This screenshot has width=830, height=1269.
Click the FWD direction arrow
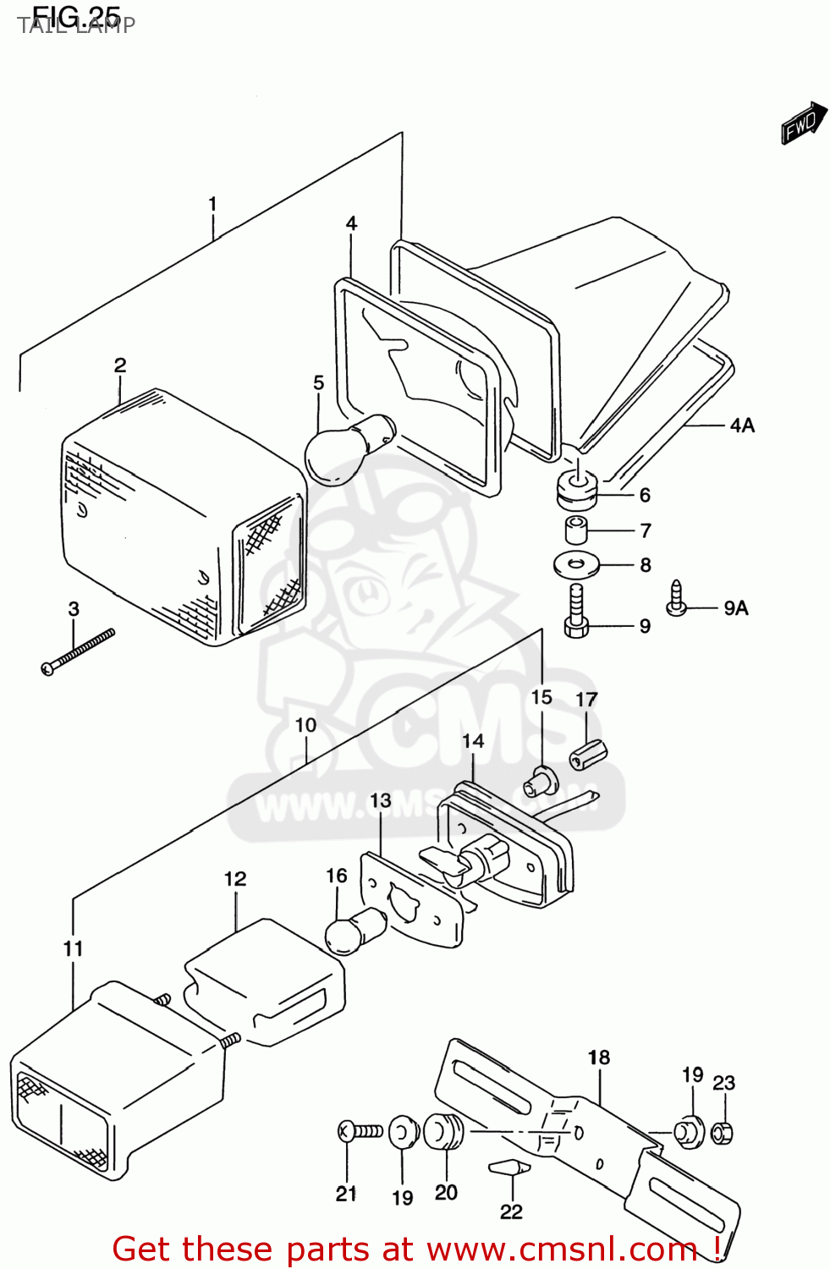click(803, 124)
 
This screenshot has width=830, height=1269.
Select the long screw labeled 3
click(77, 651)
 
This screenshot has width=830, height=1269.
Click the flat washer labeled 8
click(576, 563)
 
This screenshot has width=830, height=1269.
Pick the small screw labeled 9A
click(677, 598)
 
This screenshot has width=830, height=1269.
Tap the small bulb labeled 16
click(355, 931)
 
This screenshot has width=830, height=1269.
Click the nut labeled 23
click(722, 1132)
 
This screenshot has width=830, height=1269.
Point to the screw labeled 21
click(360, 1130)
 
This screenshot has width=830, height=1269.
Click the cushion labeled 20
click(442, 1132)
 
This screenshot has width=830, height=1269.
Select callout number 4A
click(741, 426)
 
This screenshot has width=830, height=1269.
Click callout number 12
click(235, 880)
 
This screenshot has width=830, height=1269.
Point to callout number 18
click(599, 1057)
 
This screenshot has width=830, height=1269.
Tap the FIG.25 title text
click(76, 17)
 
